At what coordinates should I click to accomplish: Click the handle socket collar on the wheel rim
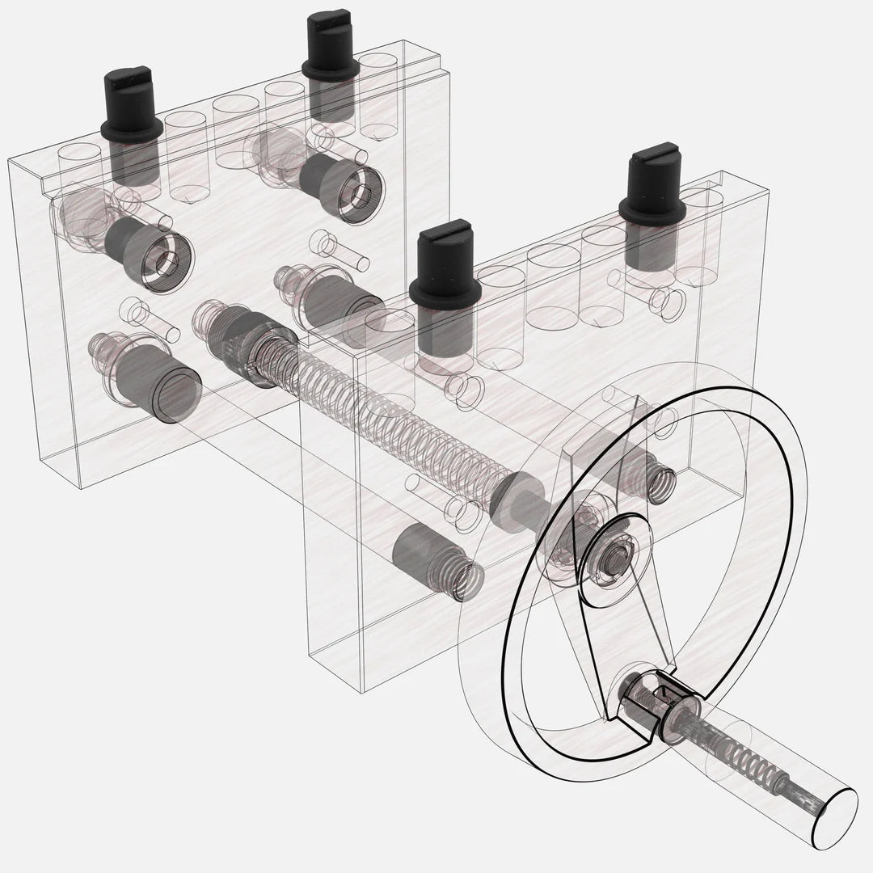point(647,702)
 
